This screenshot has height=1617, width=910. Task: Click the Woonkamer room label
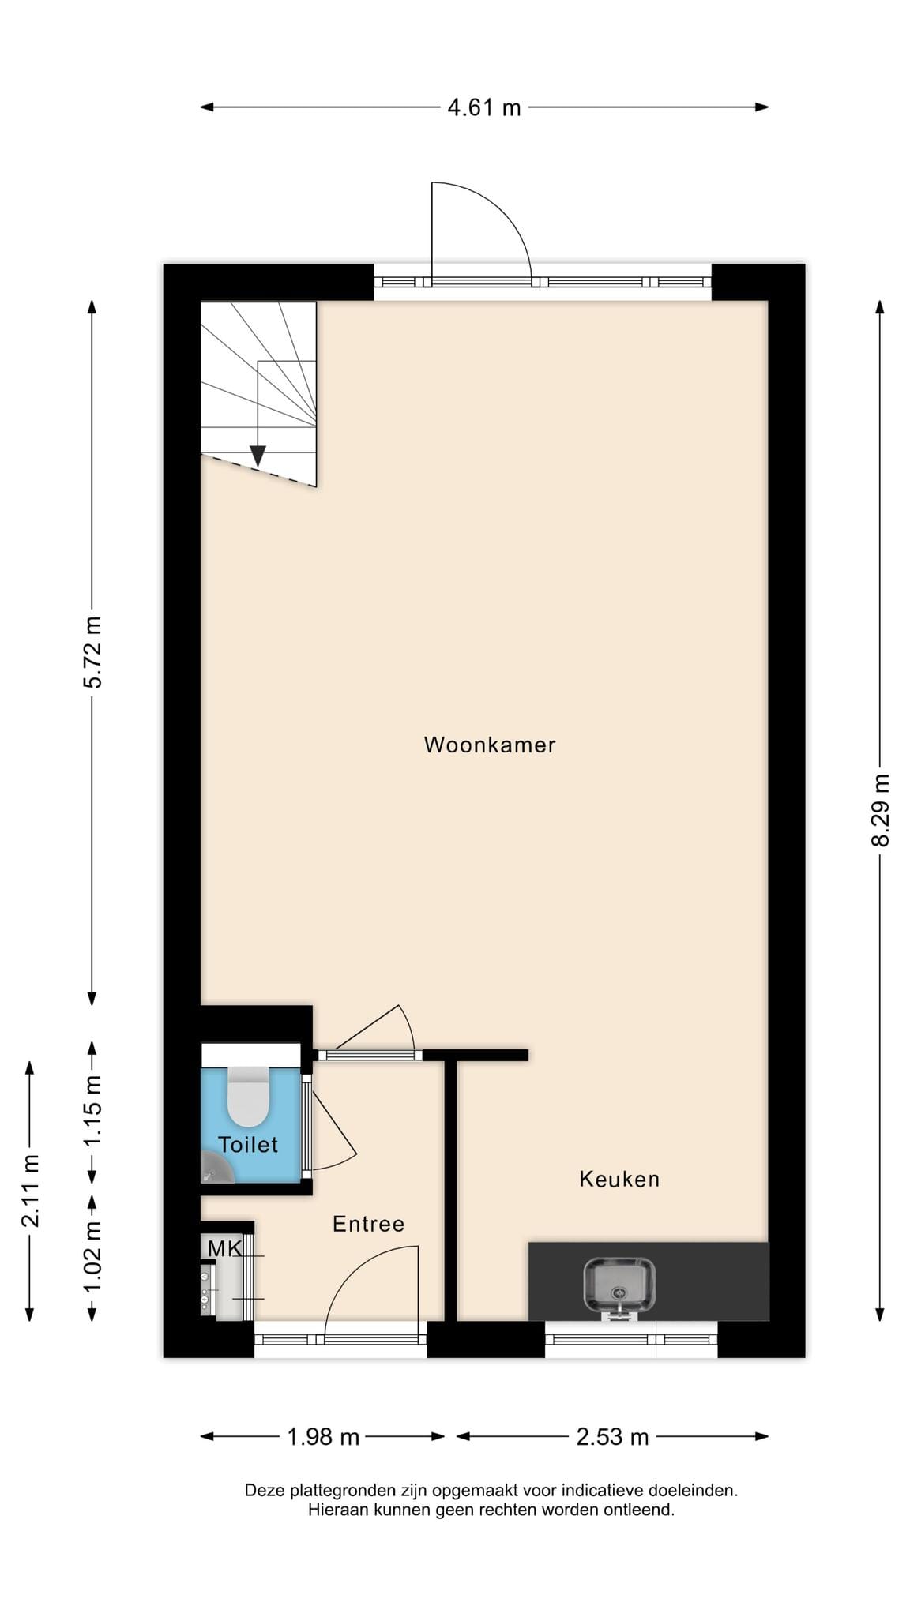tap(490, 745)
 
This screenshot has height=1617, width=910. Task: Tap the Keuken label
tap(619, 1179)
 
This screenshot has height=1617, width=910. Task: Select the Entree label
tap(368, 1224)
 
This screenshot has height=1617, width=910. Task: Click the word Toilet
tap(248, 1144)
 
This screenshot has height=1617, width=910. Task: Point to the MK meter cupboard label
tap(224, 1248)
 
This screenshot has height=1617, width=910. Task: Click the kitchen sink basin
tap(620, 1285)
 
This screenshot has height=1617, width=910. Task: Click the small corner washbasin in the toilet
tap(215, 1168)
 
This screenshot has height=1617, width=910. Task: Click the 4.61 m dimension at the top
tap(484, 107)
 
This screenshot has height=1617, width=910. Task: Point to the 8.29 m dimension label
tap(880, 810)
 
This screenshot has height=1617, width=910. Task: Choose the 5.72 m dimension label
tap(92, 652)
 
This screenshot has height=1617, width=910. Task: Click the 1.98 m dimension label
tap(323, 1436)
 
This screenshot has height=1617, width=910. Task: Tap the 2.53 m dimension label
tap(612, 1436)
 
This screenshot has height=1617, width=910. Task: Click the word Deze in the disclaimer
tap(265, 1491)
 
